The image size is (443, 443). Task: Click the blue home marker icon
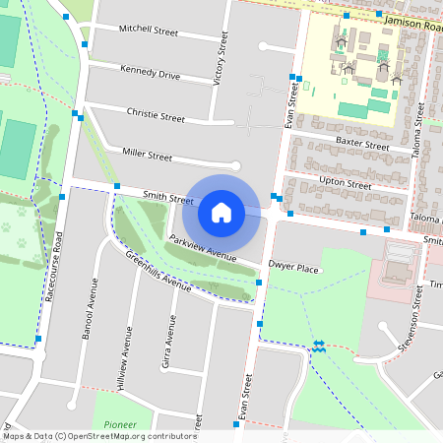click(x=221, y=211)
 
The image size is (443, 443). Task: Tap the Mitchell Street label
click(x=148, y=32)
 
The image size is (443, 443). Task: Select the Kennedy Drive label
click(x=150, y=73)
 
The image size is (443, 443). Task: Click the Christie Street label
click(x=156, y=116)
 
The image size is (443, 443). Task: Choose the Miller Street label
click(x=147, y=156)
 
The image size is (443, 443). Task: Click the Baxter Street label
click(x=362, y=144)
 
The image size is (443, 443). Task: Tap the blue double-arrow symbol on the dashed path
click(x=319, y=346)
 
